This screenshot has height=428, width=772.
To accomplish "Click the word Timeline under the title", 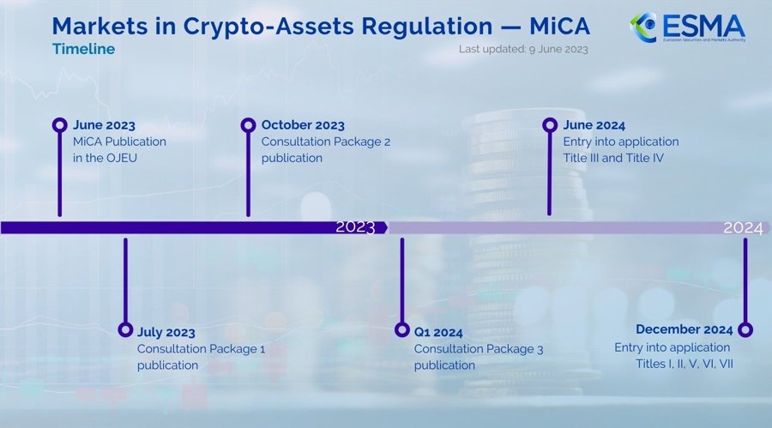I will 83,50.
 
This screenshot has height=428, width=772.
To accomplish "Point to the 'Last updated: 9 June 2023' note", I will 523,50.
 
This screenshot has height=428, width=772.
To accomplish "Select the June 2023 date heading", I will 104,125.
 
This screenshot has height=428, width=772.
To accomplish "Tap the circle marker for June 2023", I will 59,125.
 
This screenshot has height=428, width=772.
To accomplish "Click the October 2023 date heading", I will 303,125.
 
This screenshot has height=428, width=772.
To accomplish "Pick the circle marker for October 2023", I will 248,125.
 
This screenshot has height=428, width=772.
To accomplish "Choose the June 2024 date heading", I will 594,125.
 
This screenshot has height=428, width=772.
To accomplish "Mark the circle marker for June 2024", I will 550,125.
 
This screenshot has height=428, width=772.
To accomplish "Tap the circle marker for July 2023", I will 125,330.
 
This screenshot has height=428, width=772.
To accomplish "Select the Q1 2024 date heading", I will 438,332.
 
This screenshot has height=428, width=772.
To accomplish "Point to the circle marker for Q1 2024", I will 401,330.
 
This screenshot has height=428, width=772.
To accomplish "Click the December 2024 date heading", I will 684,330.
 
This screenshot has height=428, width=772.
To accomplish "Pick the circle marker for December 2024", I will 745,330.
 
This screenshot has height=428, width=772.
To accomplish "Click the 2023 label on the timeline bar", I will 355,227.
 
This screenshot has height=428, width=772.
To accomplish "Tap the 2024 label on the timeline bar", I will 743,227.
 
